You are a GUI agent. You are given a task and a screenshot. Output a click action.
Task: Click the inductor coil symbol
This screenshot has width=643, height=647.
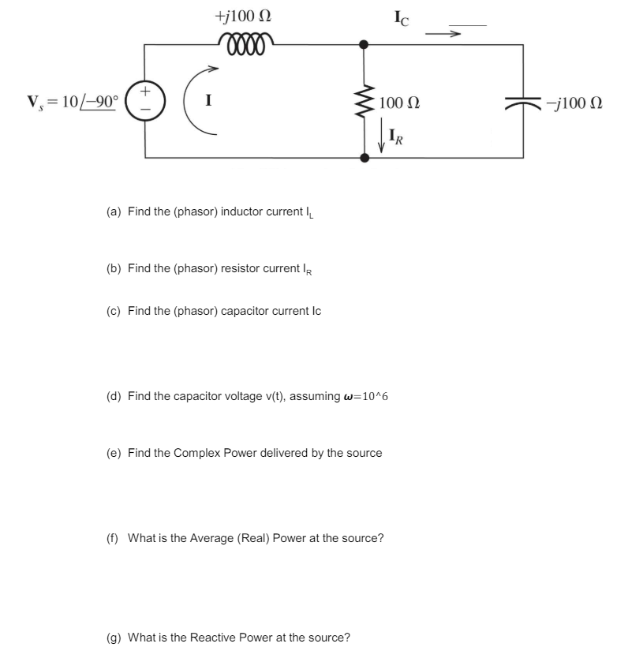[248, 39]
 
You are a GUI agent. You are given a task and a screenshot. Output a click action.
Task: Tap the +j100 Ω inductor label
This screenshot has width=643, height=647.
[245, 15]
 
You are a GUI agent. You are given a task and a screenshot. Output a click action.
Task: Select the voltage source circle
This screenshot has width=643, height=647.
[144, 102]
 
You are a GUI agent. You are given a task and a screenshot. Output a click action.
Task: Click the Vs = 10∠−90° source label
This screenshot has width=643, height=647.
[72, 102]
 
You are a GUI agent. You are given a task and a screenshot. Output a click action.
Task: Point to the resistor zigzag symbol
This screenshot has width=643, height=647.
[364, 101]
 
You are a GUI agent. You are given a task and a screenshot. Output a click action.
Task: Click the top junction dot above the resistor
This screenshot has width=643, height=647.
[364, 45]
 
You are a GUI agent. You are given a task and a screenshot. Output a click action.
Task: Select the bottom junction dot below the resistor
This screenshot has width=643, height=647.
[364, 158]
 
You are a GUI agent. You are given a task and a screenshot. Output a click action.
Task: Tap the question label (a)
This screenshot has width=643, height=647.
[114, 212]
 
